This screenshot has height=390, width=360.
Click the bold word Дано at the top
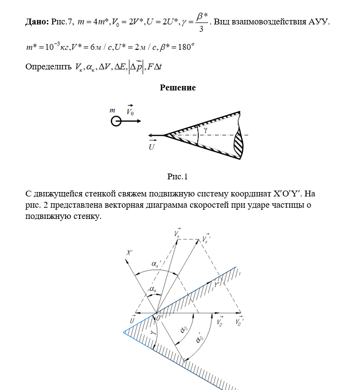pyautogui.click(x=37, y=22)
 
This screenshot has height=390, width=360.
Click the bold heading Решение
pyautogui.click(x=178, y=88)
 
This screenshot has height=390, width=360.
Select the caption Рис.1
pyautogui.click(x=177, y=177)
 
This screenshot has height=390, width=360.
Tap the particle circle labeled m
pyautogui.click(x=116, y=121)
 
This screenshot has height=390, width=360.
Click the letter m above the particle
pyautogui.click(x=112, y=111)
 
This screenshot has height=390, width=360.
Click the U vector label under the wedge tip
pyautogui.click(x=152, y=146)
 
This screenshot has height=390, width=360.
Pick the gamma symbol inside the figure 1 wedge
pyautogui.click(x=206, y=131)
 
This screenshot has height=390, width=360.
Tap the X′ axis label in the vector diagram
pyautogui.click(x=129, y=254)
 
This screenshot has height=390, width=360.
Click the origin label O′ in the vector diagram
pyautogui.click(x=159, y=318)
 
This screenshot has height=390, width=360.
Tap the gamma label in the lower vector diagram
pyautogui.click(x=153, y=332)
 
